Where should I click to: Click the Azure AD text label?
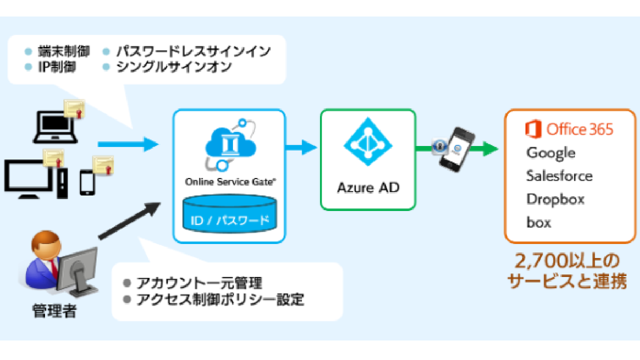(368, 188)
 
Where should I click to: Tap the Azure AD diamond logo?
(368, 142)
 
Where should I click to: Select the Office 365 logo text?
(569, 129)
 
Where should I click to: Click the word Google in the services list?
(550, 153)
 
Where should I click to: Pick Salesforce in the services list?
(559, 176)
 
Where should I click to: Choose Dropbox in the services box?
(555, 199)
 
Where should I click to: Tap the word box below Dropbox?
(538, 222)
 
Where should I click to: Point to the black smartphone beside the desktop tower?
(87, 181)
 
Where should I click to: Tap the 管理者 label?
(54, 311)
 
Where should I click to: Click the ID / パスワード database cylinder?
(229, 215)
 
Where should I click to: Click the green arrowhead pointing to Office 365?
(490, 148)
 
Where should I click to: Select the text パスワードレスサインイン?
(193, 51)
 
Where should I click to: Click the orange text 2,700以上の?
(566, 261)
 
